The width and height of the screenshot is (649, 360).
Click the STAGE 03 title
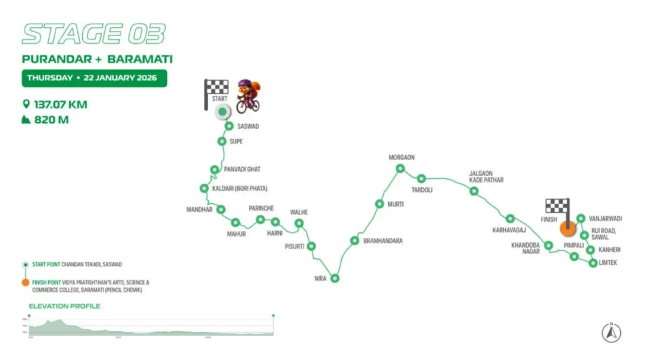93,34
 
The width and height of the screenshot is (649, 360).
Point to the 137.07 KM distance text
60,104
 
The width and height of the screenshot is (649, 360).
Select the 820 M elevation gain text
51,119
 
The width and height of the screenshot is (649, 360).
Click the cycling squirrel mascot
248,96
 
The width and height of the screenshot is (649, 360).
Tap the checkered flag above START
216,88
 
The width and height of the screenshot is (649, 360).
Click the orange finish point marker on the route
567,229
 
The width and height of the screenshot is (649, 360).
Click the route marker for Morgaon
400,169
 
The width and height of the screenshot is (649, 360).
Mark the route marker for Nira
335,278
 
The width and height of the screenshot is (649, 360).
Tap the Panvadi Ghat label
242,169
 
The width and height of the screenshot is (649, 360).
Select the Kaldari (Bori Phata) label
240,189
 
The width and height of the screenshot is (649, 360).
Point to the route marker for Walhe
299,223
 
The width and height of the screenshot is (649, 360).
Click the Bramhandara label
382,241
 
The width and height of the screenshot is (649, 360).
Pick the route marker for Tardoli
421,178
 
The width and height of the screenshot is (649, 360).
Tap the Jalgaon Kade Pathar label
486,177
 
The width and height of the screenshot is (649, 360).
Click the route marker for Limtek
593,263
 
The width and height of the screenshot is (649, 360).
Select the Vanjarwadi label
605,219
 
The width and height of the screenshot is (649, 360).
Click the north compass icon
611,333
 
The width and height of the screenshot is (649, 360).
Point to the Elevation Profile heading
64,306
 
